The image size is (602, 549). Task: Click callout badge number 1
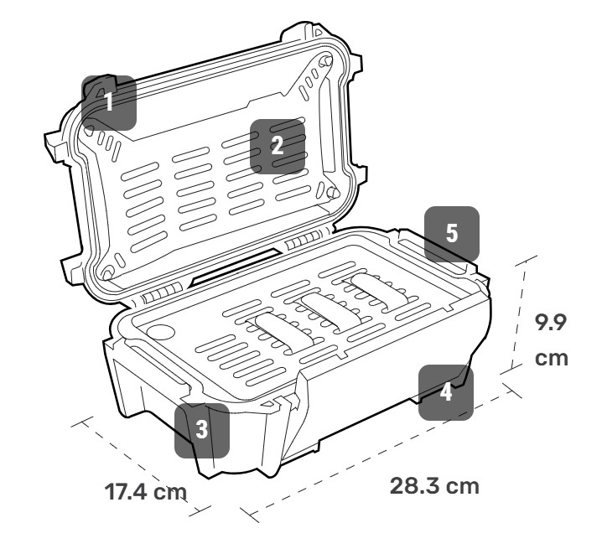[109, 102]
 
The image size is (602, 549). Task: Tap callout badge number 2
[278, 147]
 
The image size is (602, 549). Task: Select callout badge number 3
[202, 430]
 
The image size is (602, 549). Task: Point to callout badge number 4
[446, 393]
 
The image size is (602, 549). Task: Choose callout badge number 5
[452, 234]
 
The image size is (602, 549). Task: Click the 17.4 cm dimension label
[146, 492]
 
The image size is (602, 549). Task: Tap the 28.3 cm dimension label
[434, 486]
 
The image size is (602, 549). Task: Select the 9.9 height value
[551, 322]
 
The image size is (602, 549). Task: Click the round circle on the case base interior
[161, 332]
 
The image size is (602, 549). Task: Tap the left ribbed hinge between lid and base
[162, 293]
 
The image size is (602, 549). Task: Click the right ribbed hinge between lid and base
[304, 241]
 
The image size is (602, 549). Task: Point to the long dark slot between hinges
[235, 266]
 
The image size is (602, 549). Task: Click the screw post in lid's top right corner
[326, 60]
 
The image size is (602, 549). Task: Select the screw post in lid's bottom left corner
[107, 274]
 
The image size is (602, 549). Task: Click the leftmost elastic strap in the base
[284, 332]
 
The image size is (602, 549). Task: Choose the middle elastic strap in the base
[331, 311]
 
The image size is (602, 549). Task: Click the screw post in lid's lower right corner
[333, 192]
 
